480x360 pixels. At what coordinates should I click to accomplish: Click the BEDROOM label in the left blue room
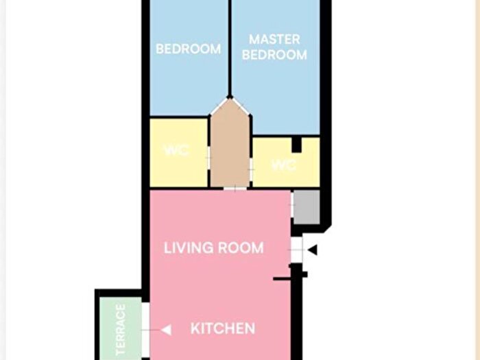189,49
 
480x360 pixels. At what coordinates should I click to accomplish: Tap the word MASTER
274,40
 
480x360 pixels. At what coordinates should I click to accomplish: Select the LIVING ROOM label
214,248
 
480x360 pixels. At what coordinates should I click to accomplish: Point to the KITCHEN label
223,328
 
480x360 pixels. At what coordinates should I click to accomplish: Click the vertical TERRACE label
121,330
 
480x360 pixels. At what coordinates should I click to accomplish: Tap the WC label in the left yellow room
177,151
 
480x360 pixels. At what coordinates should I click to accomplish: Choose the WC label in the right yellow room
284,166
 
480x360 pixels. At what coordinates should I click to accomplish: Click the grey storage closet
307,207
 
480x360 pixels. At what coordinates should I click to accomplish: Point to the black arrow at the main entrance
313,250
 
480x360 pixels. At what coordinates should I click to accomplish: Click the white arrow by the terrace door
166,330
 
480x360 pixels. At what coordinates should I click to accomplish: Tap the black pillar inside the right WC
296,145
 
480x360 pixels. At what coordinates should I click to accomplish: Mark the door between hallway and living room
235,189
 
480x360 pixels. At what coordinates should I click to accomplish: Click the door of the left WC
208,158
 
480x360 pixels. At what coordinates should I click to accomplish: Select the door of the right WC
252,169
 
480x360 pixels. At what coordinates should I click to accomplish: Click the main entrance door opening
296,250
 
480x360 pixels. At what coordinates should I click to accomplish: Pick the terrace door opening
145,330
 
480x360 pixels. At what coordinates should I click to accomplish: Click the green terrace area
121,328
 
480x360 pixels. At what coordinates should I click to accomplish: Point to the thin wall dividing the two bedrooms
230,49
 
